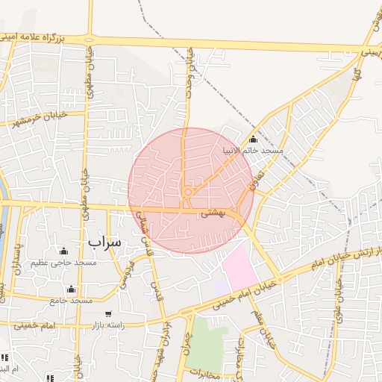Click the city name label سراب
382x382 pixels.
(x=103, y=242)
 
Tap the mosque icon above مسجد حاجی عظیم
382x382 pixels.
(x=63, y=251)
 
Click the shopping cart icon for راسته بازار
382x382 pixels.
(x=109, y=314)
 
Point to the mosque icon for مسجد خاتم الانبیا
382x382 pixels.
(x=253, y=139)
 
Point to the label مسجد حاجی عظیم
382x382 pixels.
(x=64, y=263)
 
